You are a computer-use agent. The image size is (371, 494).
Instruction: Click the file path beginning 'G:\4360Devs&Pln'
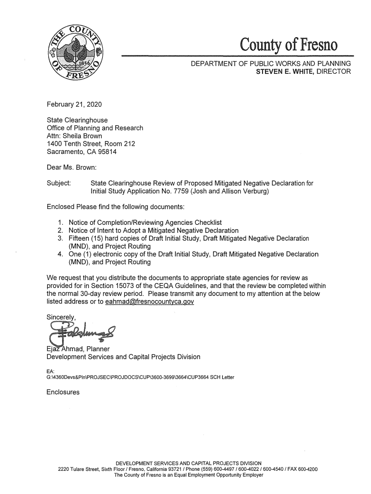point(140,377)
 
